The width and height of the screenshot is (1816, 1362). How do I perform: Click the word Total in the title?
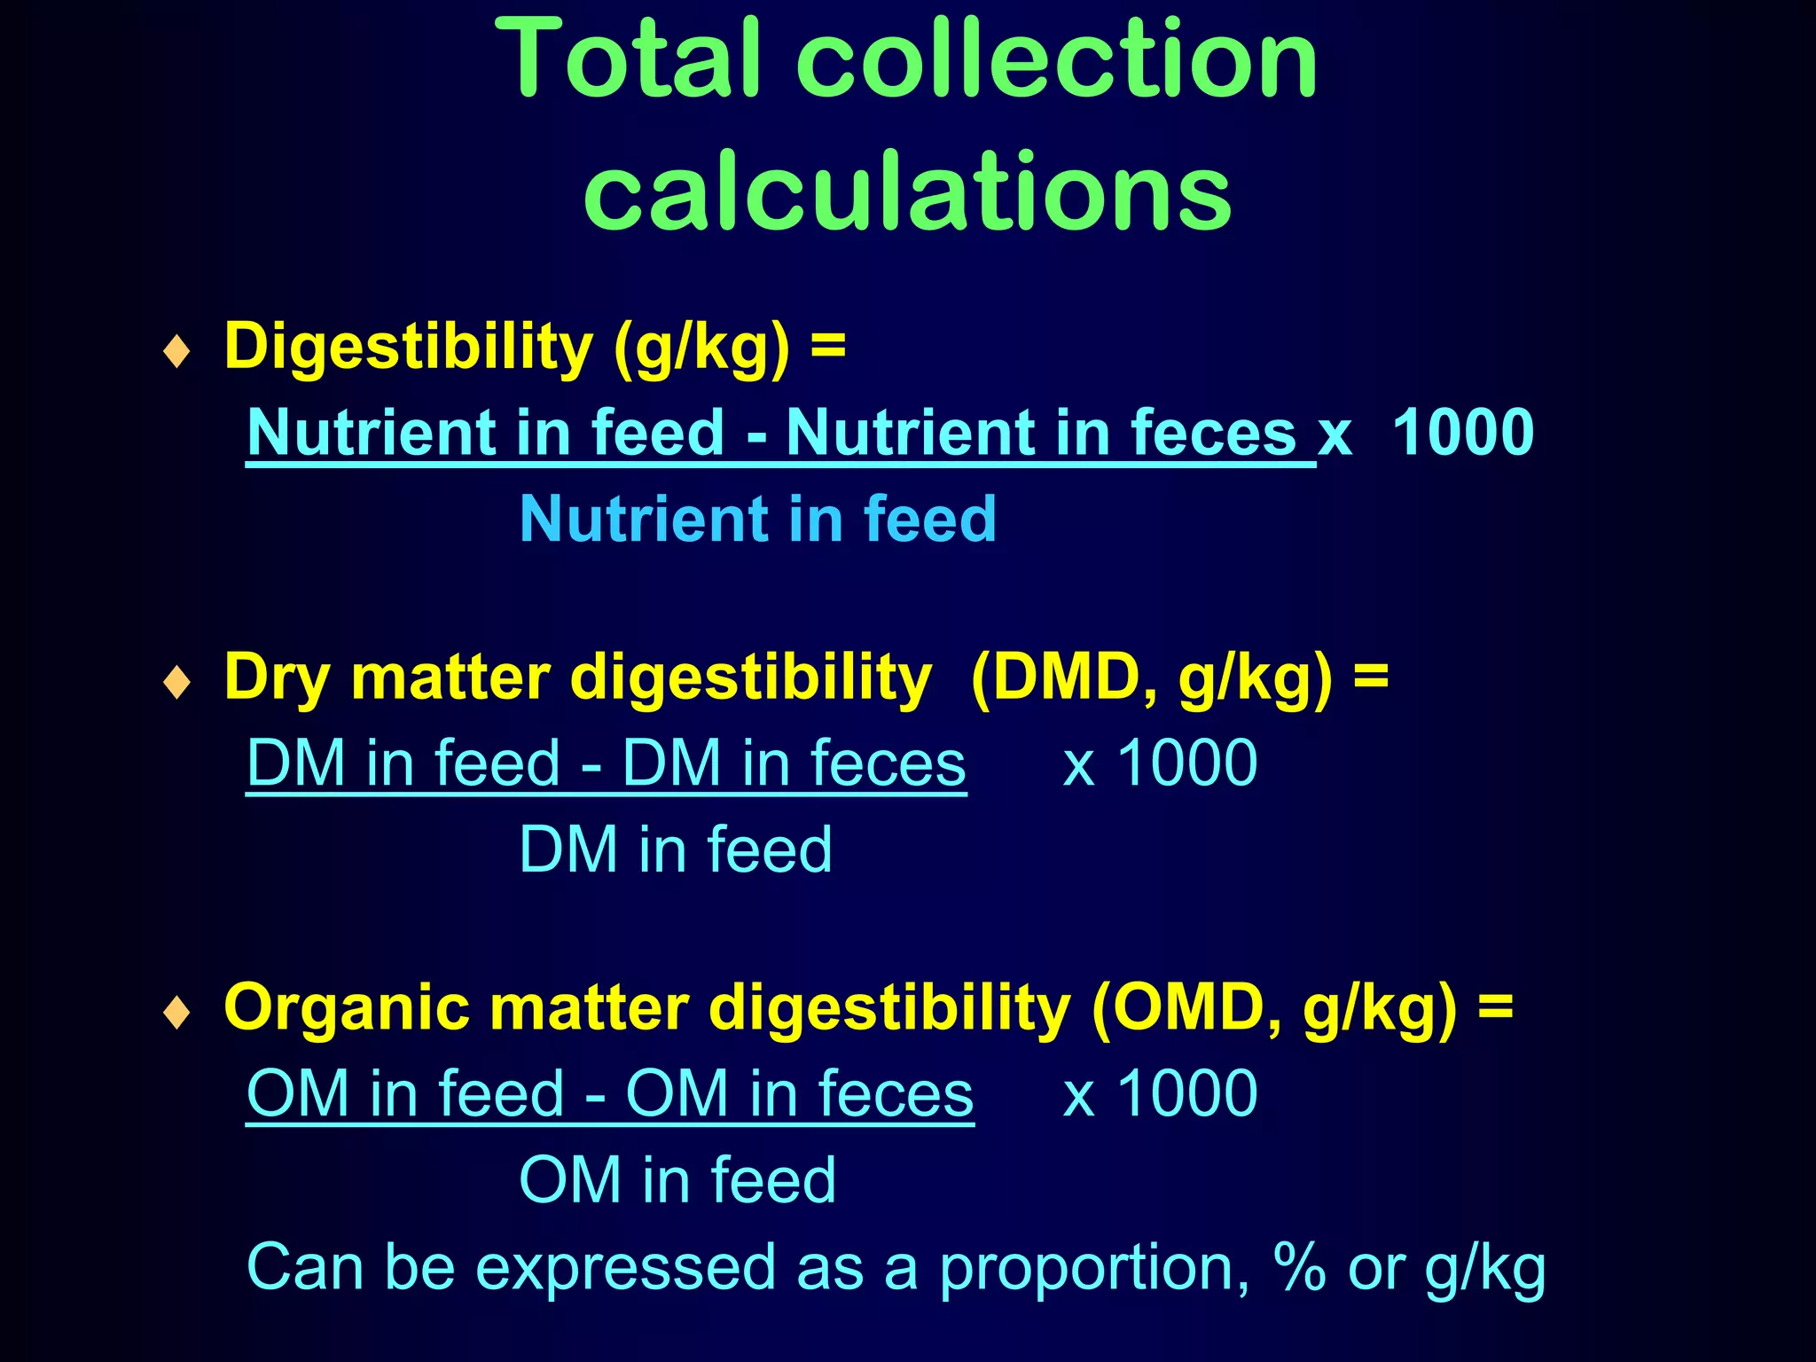631,60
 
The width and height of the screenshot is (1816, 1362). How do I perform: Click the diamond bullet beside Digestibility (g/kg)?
177,351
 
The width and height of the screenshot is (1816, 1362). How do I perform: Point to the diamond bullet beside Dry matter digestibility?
177,682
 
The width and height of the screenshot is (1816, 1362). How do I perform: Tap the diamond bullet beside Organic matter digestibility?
177,1013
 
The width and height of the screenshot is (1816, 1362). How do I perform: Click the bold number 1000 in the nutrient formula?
1463,433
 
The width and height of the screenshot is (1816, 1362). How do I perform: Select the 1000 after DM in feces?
1187,763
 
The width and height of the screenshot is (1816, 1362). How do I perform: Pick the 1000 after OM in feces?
1187,1093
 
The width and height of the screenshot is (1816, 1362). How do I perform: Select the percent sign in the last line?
1300,1267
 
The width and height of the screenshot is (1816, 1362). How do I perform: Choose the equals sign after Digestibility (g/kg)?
827,346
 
